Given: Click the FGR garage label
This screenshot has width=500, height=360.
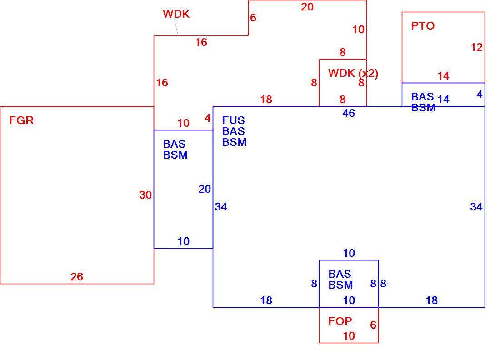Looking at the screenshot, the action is click(21, 120).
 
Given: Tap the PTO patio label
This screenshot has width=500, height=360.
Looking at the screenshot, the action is click(423, 25).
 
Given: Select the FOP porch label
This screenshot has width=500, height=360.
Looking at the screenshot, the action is click(340, 321).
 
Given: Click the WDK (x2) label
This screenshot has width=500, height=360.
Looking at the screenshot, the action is click(353, 73).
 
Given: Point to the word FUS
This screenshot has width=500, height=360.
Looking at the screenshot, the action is click(234, 120).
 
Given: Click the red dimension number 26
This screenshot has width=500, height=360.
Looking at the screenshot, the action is click(77, 276).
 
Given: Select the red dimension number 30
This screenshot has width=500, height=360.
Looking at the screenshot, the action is click(145, 195).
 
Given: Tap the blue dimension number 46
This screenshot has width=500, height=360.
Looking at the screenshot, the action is click(349, 113).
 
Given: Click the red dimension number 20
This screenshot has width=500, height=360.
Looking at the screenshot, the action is click(307, 7).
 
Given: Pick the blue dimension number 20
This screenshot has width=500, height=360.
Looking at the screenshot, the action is click(205, 189).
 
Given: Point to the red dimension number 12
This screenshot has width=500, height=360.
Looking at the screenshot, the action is click(477, 47).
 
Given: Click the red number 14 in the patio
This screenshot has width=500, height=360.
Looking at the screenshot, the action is click(443, 75).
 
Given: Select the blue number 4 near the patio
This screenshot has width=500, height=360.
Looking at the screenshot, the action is click(479, 95).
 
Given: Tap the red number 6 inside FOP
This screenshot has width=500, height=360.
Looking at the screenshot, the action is click(373, 325).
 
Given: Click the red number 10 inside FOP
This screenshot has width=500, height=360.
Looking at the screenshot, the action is click(349, 335).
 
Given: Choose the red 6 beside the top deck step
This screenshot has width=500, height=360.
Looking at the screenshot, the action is click(253, 18).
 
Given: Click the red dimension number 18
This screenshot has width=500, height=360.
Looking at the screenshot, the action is click(266, 100).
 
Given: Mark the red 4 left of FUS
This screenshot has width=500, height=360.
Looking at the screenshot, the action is click(208, 118).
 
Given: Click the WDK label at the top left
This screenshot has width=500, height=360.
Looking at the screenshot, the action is click(176, 14).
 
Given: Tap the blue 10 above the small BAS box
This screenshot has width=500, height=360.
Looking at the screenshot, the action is click(349, 253).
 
